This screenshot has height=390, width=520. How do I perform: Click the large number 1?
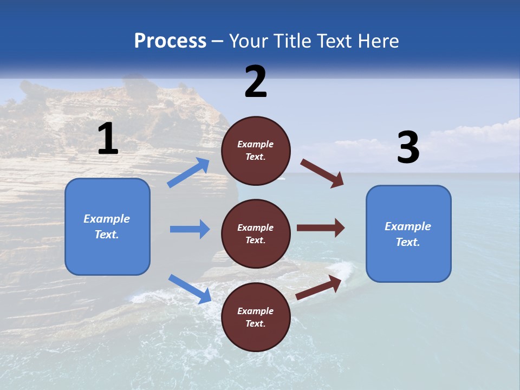pos(108,139)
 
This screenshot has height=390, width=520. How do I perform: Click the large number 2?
pos(256,82)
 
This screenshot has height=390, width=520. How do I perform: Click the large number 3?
pos(408,148)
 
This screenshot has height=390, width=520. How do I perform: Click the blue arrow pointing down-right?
pos(190,288)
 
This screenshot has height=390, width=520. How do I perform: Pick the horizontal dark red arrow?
pos(320,228)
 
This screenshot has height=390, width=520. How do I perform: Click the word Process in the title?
pos(170,41)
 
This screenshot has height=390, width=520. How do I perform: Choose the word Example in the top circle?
pos(255,144)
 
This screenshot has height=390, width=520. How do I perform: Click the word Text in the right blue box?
pos(407,242)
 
